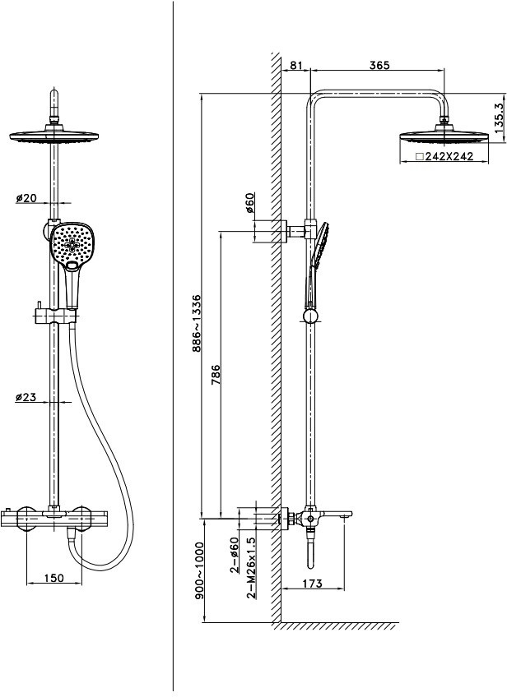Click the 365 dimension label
[379, 65]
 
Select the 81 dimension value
[297, 65]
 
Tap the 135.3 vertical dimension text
[498, 117]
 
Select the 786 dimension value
[216, 375]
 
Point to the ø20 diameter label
[26, 198]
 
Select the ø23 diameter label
[26, 398]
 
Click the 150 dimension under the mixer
[53, 579]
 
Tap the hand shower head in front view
[72, 244]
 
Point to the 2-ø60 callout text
[235, 555]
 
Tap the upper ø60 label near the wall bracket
[248, 203]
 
